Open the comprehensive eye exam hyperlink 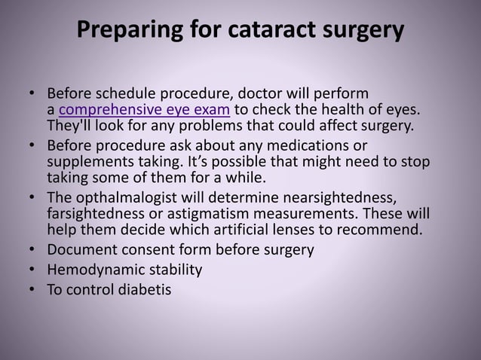(x=149, y=110)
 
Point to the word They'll (x=70, y=126)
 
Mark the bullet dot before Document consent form (x=32, y=250)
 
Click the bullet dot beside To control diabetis (x=32, y=288)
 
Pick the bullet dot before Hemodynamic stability (x=32, y=269)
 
